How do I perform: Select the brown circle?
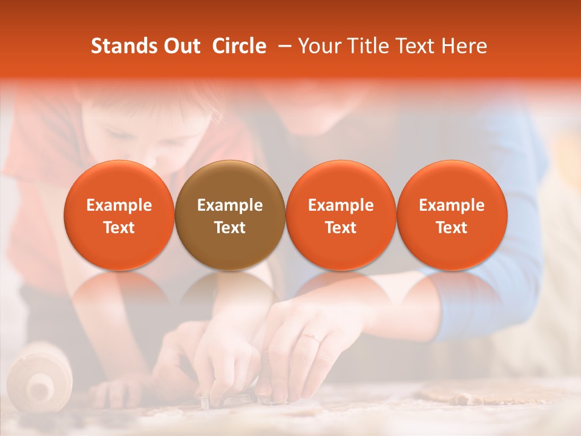click(230, 182)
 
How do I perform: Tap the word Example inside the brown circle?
click(230, 205)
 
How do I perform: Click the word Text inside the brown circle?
click(230, 228)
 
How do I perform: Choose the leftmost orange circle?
click(119, 182)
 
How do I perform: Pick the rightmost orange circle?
click(452, 182)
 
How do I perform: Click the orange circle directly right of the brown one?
click(341, 182)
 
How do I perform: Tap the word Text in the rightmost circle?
click(452, 228)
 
